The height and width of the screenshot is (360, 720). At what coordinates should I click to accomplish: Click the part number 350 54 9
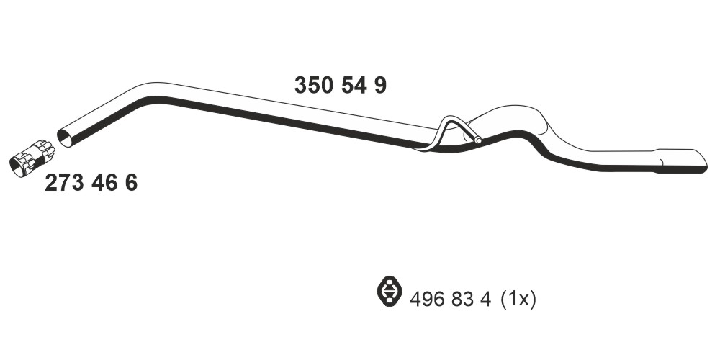point(341,86)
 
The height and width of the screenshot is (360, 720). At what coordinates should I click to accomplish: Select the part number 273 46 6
point(91,183)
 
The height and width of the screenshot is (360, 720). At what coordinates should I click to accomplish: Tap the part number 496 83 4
point(451,300)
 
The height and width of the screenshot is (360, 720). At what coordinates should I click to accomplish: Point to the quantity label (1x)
point(518,300)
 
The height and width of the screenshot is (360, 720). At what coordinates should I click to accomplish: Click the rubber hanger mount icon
point(389,291)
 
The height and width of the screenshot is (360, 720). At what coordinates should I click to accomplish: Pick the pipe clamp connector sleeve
point(32,158)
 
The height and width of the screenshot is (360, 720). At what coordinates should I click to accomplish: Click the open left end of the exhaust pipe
point(65,138)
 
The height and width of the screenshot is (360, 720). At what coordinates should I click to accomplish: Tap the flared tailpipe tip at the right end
point(683,161)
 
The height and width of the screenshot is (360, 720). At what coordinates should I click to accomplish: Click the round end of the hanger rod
point(478,140)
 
